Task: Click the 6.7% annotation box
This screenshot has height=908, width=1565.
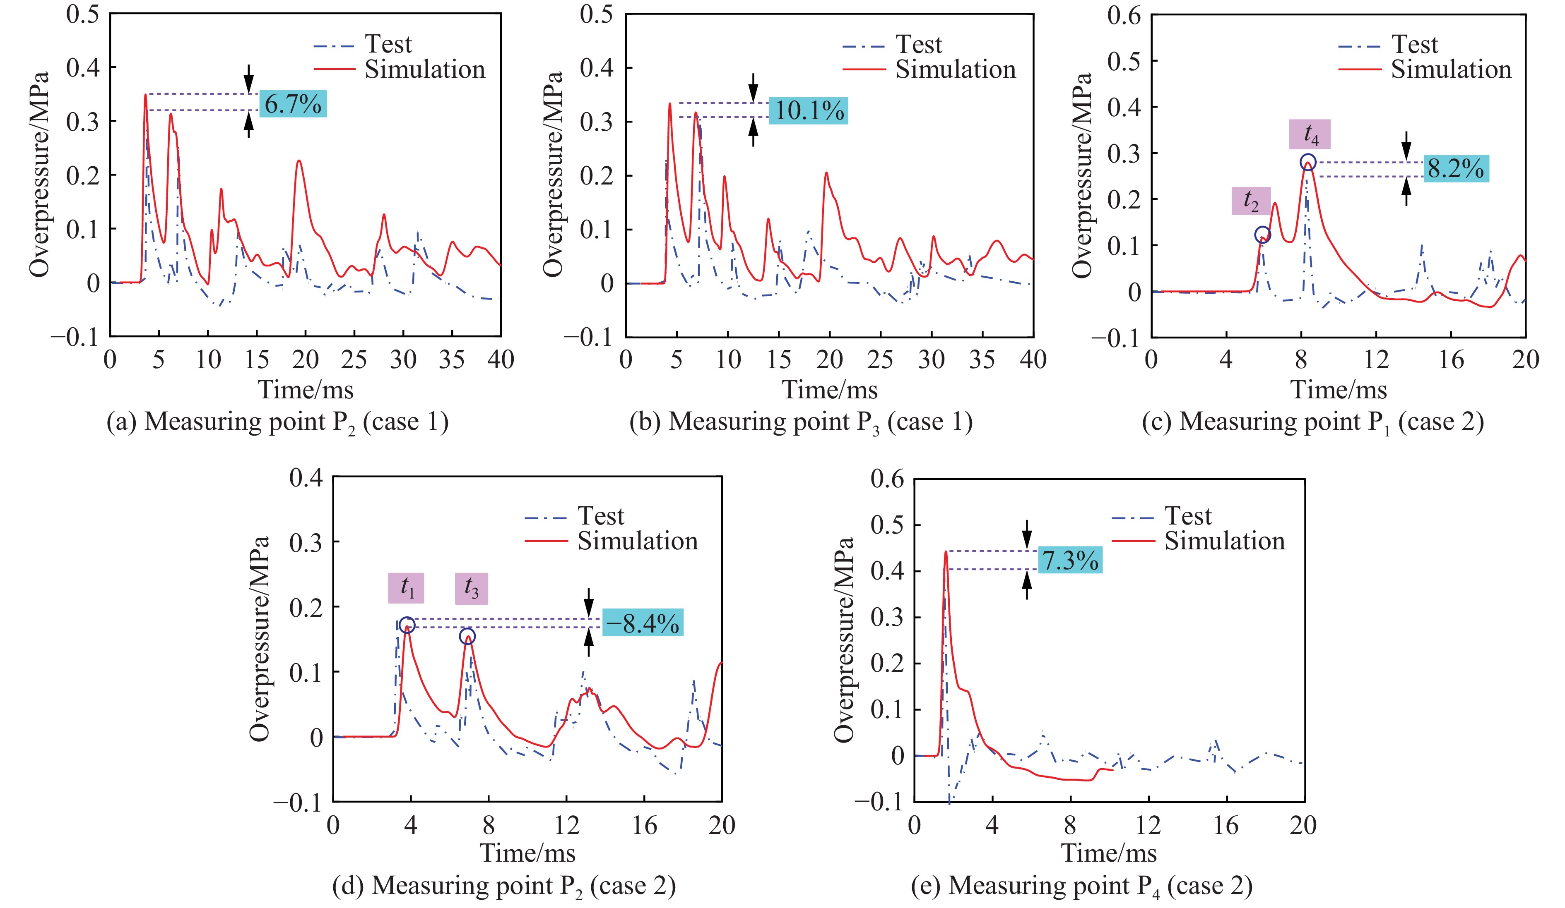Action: click(x=292, y=104)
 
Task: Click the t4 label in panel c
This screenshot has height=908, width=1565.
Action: click(x=1310, y=134)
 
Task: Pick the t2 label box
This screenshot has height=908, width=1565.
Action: click(x=1251, y=201)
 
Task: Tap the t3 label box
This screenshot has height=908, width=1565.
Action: click(x=471, y=588)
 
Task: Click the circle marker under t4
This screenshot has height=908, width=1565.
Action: click(x=1308, y=162)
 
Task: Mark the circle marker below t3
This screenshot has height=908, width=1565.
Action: click(x=467, y=636)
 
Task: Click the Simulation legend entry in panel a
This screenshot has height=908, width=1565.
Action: click(x=424, y=69)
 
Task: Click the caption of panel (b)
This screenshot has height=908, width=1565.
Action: click(x=801, y=422)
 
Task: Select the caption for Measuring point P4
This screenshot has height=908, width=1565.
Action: click(x=1081, y=886)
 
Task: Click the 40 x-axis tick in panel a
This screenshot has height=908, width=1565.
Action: click(x=500, y=359)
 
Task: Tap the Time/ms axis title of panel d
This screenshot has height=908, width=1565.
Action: click(x=527, y=852)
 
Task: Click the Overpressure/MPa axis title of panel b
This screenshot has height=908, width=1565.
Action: click(x=552, y=174)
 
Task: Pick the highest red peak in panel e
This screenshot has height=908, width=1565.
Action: click(x=946, y=552)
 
